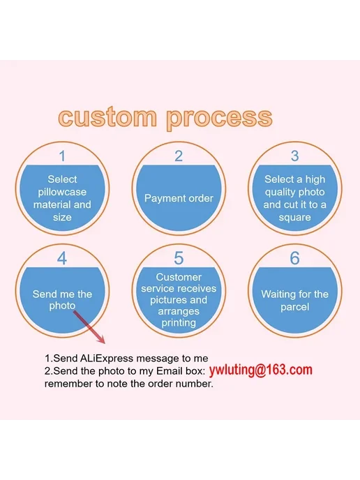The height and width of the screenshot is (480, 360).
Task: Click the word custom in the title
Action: (x=107, y=117)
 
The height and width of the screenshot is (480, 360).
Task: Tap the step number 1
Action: (x=62, y=156)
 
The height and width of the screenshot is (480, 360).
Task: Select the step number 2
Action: (x=179, y=156)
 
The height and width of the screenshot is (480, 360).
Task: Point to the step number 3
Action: (x=295, y=156)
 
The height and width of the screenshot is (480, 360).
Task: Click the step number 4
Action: (x=62, y=258)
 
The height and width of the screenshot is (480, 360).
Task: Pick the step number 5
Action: (x=179, y=258)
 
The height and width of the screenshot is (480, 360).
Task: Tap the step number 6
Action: (x=295, y=258)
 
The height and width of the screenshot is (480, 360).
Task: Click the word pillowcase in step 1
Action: (x=62, y=193)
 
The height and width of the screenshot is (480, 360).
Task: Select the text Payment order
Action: (x=179, y=198)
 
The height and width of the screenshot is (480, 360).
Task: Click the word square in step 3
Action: (x=295, y=218)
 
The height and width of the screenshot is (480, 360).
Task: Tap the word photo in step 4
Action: (x=62, y=306)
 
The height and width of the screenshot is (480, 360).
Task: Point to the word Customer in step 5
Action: (x=179, y=277)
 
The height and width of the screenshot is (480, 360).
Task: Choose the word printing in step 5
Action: (x=179, y=322)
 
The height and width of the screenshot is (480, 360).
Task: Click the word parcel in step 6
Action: (x=295, y=307)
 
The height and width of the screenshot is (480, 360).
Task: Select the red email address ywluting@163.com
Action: (x=261, y=370)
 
